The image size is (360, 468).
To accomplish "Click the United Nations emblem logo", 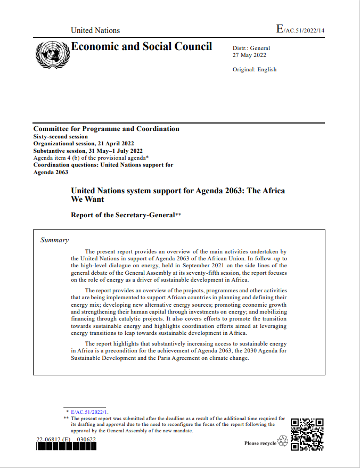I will point(52,54).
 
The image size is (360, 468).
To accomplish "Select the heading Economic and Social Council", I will point(142,46).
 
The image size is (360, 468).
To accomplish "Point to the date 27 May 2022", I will point(250,55).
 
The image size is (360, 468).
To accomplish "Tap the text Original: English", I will point(255,70).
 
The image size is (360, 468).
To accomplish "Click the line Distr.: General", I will point(251,48).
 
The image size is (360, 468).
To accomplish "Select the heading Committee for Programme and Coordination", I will point(106,129).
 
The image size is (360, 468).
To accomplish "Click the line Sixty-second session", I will point(61,136).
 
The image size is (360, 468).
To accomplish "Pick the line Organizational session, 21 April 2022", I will point(84,144).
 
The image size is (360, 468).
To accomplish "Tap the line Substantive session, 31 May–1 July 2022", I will point(88,151).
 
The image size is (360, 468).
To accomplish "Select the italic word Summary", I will point(54,240).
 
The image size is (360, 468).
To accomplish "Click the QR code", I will point(308,434).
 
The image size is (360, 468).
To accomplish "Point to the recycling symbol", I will point(283,441).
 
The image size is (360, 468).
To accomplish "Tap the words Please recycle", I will point(260,443).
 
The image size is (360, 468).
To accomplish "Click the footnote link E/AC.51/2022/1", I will point(89,412).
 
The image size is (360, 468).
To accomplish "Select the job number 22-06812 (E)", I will point(53,439).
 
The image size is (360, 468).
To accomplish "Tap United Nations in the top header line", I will point(95,30).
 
